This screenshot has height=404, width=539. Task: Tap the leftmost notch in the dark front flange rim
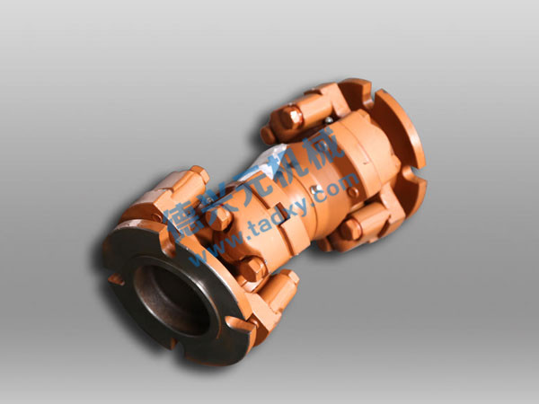(x=115, y=279)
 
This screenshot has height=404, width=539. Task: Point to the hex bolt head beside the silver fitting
(x=290, y=117)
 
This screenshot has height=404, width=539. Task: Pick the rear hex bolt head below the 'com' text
(x=349, y=230)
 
